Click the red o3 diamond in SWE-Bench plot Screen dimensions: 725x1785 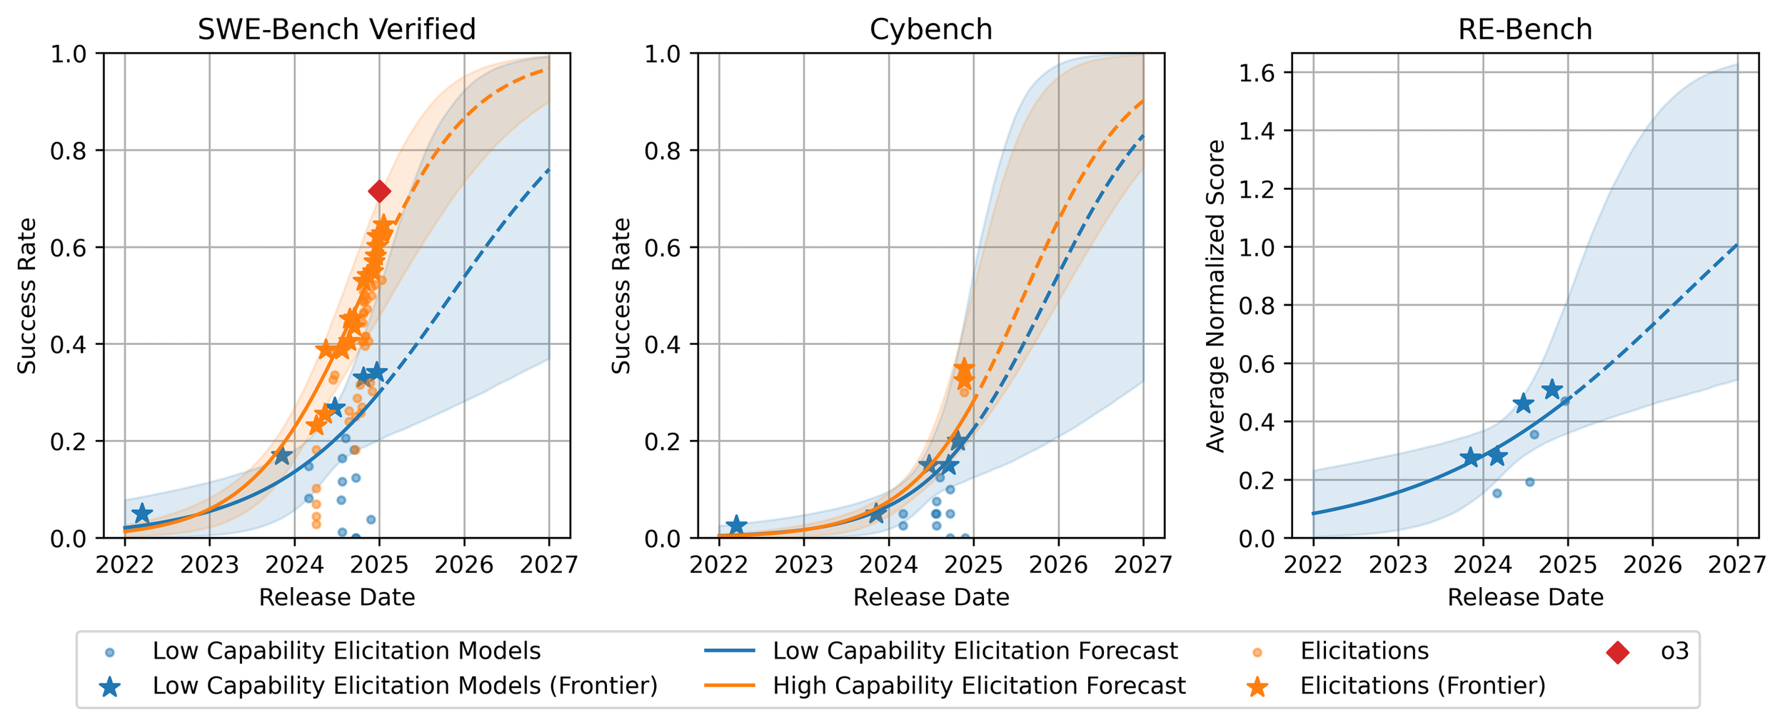[x=379, y=191]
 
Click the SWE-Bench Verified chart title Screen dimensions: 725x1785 [x=336, y=30]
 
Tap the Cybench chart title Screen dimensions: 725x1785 [x=930, y=30]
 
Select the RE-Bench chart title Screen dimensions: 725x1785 [x=1525, y=30]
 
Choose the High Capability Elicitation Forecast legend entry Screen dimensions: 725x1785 [x=979, y=686]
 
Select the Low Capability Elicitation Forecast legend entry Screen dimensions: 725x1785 [x=975, y=651]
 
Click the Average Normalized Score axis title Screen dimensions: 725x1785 [x=1215, y=296]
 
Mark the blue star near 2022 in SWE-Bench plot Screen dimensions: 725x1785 [x=142, y=513]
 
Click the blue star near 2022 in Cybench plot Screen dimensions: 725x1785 [x=736, y=525]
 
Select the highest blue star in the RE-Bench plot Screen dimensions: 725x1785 [x=1551, y=390]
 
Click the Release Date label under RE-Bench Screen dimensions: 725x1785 [x=1525, y=597]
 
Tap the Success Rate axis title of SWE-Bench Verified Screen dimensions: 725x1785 [x=27, y=296]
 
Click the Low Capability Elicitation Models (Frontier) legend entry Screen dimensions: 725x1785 [x=404, y=686]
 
